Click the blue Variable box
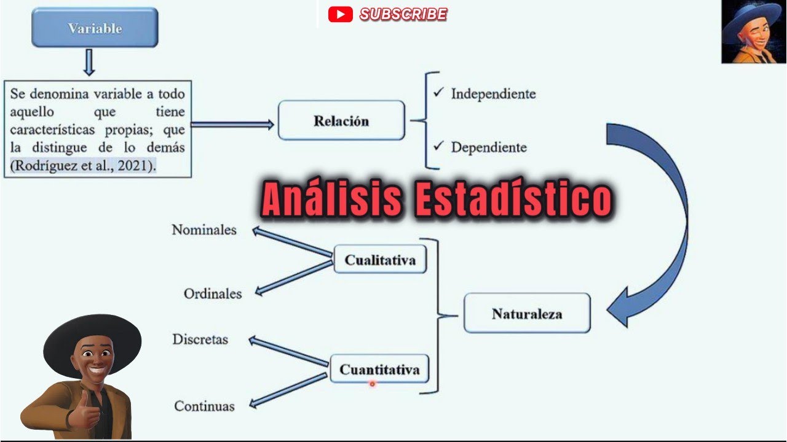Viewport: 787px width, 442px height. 95,28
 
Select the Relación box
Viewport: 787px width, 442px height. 341,121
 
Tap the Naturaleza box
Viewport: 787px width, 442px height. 526,314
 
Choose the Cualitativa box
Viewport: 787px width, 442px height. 380,260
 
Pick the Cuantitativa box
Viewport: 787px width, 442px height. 379,370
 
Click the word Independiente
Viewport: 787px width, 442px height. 493,94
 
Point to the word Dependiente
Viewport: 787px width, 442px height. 488,147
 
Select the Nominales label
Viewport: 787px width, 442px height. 204,230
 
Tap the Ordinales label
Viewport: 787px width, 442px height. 213,294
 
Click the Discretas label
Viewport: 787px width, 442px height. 200,339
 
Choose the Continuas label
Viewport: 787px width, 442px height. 204,406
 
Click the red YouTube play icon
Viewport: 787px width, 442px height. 340,14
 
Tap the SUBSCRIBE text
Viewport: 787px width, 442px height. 403,14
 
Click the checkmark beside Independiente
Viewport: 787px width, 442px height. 438,93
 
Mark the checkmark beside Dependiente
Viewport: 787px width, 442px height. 438,146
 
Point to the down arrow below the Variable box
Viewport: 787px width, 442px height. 89,63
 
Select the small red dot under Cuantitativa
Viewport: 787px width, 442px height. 372,384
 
